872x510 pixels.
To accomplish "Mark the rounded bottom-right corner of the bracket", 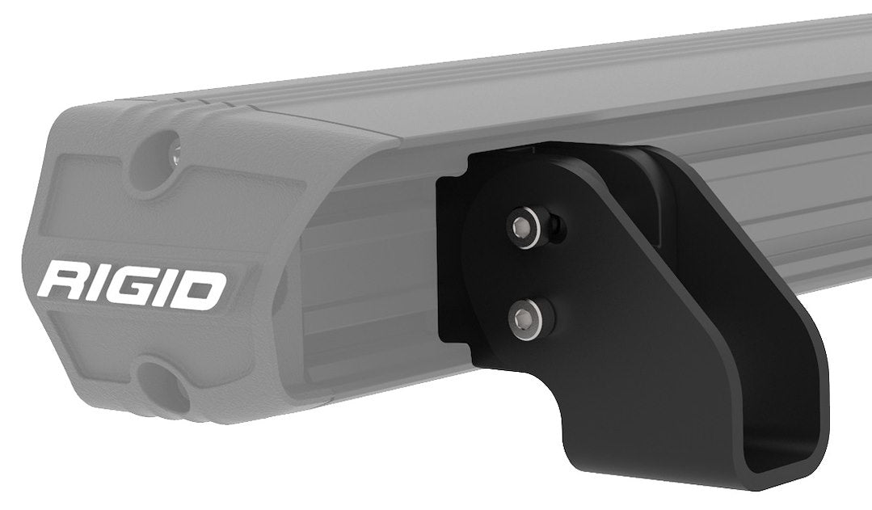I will click(816, 477).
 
